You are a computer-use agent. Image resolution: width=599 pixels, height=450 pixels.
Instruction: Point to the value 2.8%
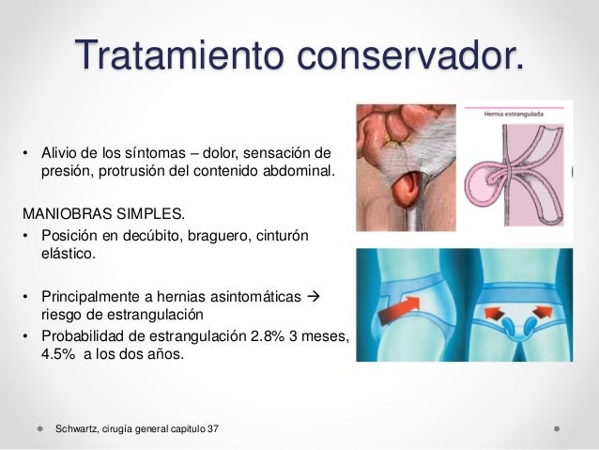point(254,338)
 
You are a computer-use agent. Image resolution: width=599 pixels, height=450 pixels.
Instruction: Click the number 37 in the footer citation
point(218,428)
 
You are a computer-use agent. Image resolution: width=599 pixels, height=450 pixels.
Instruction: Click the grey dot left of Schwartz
point(41,428)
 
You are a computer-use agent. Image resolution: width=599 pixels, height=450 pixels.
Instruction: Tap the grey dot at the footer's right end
point(557,428)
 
